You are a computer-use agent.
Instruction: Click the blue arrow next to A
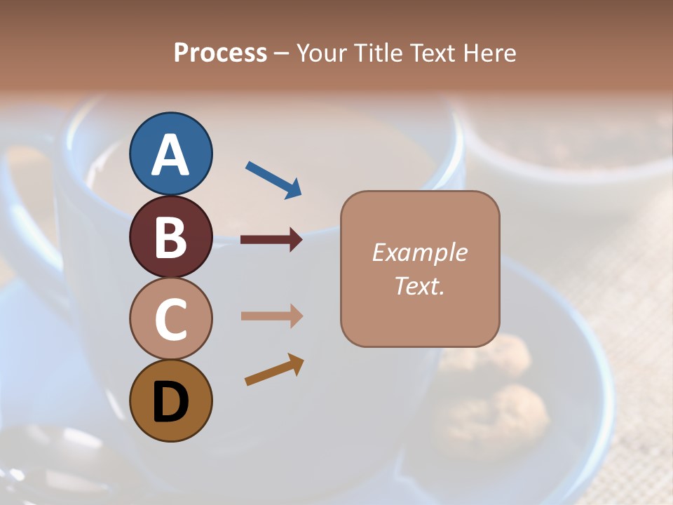273,180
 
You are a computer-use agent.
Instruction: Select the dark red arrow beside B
271,240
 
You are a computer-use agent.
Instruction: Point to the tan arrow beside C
271,316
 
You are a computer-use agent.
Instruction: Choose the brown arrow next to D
274,370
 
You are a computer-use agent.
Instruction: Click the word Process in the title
220,53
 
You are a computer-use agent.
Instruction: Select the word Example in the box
419,252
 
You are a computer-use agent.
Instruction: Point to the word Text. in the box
419,285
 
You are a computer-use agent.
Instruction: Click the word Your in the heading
323,53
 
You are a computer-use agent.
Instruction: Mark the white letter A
170,154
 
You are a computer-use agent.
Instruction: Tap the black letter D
170,403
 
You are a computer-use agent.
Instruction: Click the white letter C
170,320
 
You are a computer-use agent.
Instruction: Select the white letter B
170,237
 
